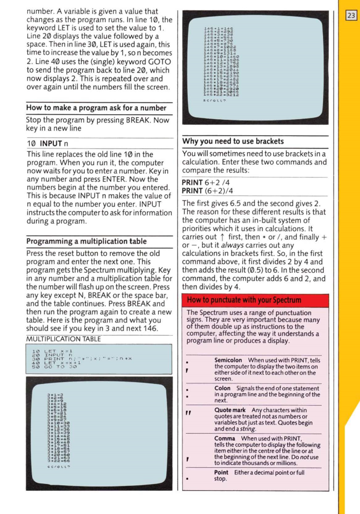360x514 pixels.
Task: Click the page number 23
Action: tap(352, 15)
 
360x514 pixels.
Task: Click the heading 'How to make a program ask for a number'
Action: tap(96, 108)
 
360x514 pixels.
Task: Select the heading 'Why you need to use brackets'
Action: tap(233, 141)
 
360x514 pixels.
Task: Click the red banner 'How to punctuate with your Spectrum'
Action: tap(237, 300)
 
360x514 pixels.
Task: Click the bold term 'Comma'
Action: tap(225, 438)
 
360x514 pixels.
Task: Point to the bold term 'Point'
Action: tap(221, 472)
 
